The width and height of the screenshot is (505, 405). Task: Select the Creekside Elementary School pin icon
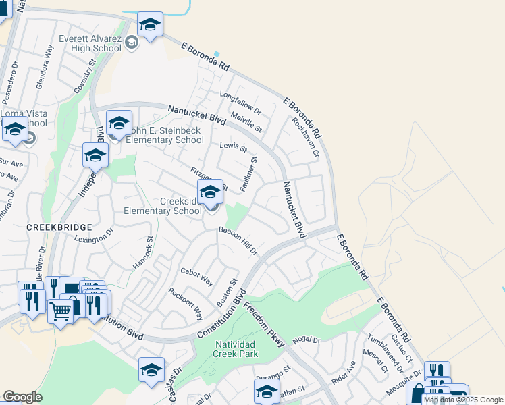pyautogui.click(x=211, y=194)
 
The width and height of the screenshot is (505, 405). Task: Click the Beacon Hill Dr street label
pyautogui.click(x=238, y=240)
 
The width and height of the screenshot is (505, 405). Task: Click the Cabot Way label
pyautogui.click(x=196, y=276)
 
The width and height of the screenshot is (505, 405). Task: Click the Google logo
pyautogui.click(x=22, y=397)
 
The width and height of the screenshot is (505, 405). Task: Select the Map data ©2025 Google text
pyautogui.click(x=464, y=400)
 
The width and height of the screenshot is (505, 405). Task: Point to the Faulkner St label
pyautogui.click(x=250, y=173)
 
